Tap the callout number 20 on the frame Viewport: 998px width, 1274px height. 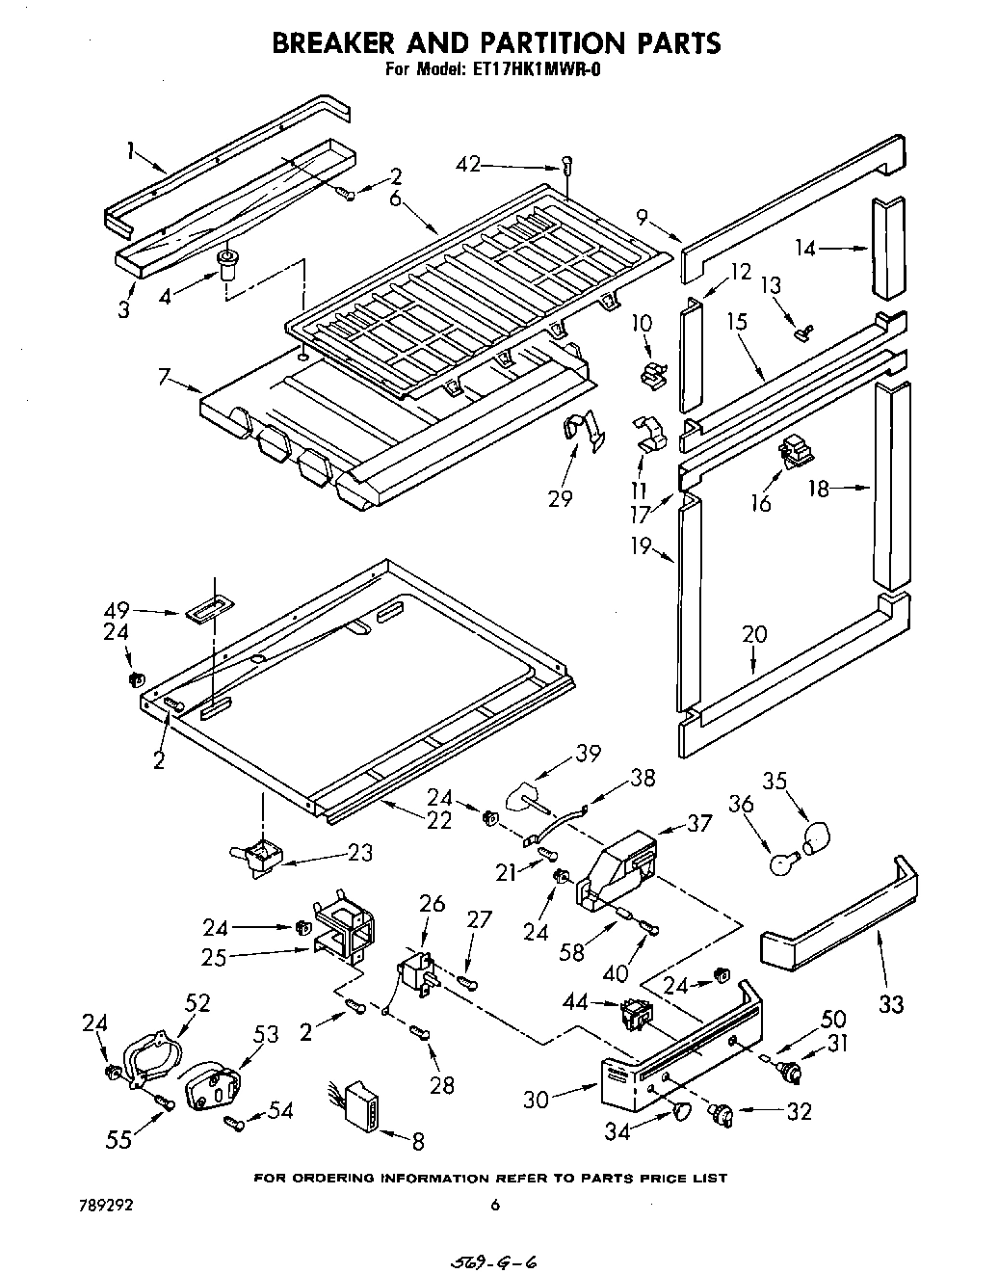(x=754, y=633)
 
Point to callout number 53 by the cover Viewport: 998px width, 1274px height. (x=266, y=1035)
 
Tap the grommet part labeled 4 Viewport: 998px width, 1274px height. (x=227, y=263)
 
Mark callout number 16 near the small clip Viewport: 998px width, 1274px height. (x=761, y=502)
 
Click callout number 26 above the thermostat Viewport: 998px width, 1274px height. (x=433, y=904)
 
